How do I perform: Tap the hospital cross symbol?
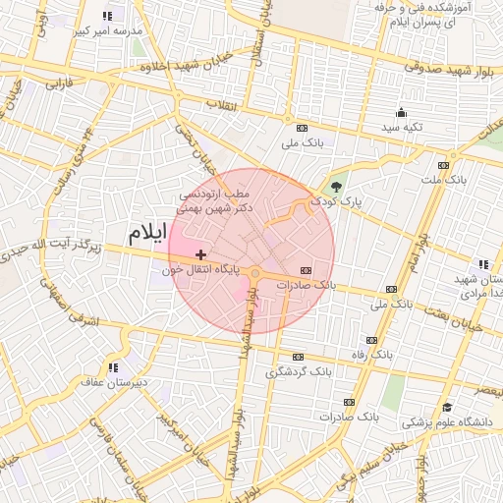tap(201, 254)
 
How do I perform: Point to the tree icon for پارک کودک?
tap(338, 186)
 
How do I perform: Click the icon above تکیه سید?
tap(401, 113)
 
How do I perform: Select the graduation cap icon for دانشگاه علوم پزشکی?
tap(447, 408)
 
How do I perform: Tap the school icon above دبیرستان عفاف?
tap(114, 367)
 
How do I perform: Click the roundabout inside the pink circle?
tap(254, 274)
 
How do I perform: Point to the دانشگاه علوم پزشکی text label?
tap(438, 422)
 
